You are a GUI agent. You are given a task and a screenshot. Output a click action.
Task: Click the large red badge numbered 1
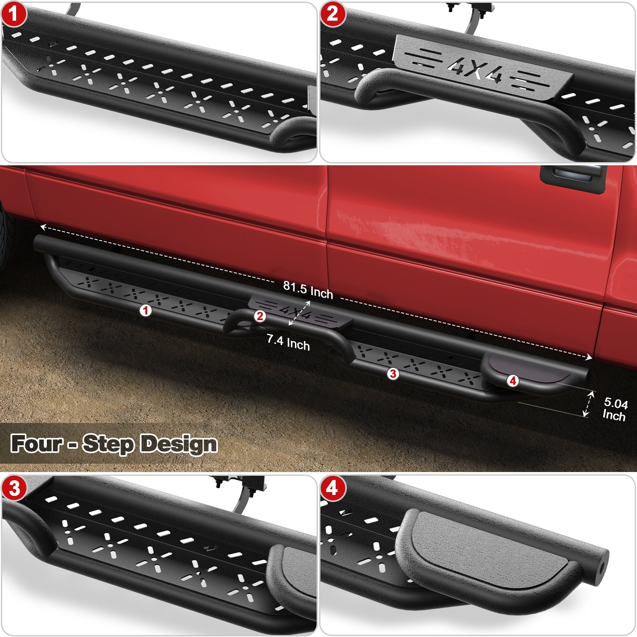pyautogui.click(x=13, y=15)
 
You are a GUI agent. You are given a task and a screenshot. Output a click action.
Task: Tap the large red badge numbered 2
pyautogui.click(x=332, y=15)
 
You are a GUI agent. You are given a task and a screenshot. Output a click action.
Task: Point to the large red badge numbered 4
pyautogui.click(x=332, y=488)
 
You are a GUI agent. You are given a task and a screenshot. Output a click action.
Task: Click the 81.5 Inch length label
pyautogui.click(x=308, y=290)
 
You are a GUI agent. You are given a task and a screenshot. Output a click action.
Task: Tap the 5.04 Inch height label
pyautogui.click(x=615, y=409)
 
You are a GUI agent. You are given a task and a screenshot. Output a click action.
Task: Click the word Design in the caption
pyautogui.click(x=179, y=444)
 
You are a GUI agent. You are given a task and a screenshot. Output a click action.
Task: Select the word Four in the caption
pyautogui.click(x=37, y=443)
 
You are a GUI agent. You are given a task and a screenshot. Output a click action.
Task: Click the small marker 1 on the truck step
pyautogui.click(x=146, y=310)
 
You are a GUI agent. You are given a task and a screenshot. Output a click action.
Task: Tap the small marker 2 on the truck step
pyautogui.click(x=260, y=316)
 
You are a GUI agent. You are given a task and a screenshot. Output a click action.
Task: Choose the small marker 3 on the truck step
pyautogui.click(x=393, y=374)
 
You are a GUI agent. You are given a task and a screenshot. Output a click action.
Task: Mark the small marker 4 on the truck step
pyautogui.click(x=513, y=381)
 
